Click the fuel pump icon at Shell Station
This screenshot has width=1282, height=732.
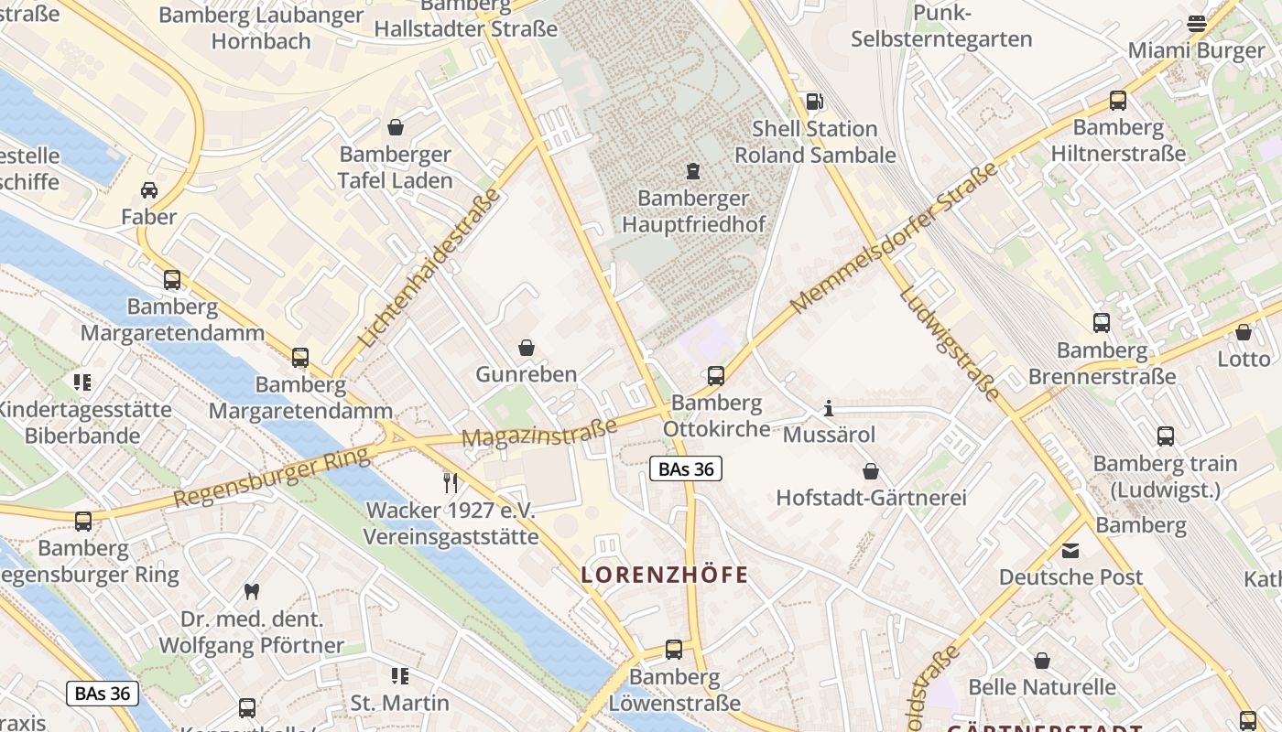(813, 101)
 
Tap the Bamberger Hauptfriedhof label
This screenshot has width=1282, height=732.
(693, 211)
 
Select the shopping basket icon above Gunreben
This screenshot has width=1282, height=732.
(527, 348)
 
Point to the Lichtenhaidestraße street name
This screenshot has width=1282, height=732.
(429, 267)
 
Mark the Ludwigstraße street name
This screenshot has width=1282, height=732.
(949, 343)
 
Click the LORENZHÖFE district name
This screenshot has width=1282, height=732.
(665, 576)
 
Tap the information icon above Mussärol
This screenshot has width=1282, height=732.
(829, 408)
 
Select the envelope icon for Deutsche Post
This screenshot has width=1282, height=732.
(1070, 551)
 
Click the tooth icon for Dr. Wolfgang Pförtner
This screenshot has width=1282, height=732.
(252, 592)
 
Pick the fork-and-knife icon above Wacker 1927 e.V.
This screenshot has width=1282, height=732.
(450, 482)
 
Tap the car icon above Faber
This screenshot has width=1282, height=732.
(149, 190)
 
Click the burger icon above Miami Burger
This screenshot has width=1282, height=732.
(1196, 24)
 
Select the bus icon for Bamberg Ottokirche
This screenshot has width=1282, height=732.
(716, 376)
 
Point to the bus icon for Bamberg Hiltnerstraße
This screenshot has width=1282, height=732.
(1117, 101)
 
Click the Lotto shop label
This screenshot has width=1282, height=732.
(1244, 360)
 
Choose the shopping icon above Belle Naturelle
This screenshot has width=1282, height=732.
(1042, 661)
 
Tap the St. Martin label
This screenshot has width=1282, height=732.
(400, 703)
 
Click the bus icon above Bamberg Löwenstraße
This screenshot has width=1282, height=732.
(674, 650)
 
